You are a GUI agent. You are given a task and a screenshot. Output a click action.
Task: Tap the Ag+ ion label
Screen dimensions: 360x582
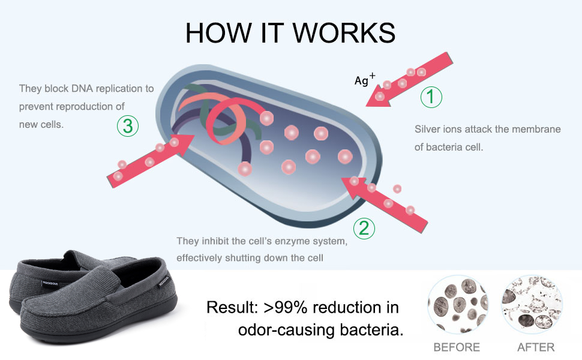(364, 80)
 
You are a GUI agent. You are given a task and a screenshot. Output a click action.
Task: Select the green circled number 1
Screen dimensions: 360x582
(431, 97)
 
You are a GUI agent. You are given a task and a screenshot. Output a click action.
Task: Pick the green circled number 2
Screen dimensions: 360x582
(364, 227)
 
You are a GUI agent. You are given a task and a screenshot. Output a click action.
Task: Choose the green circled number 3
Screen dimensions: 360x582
(127, 126)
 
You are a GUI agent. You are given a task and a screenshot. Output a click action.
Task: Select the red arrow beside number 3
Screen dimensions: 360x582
(150, 158)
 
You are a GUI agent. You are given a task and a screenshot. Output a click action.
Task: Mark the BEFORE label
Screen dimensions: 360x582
(457, 347)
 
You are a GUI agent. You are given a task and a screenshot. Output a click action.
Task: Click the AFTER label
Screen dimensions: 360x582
(535, 347)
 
